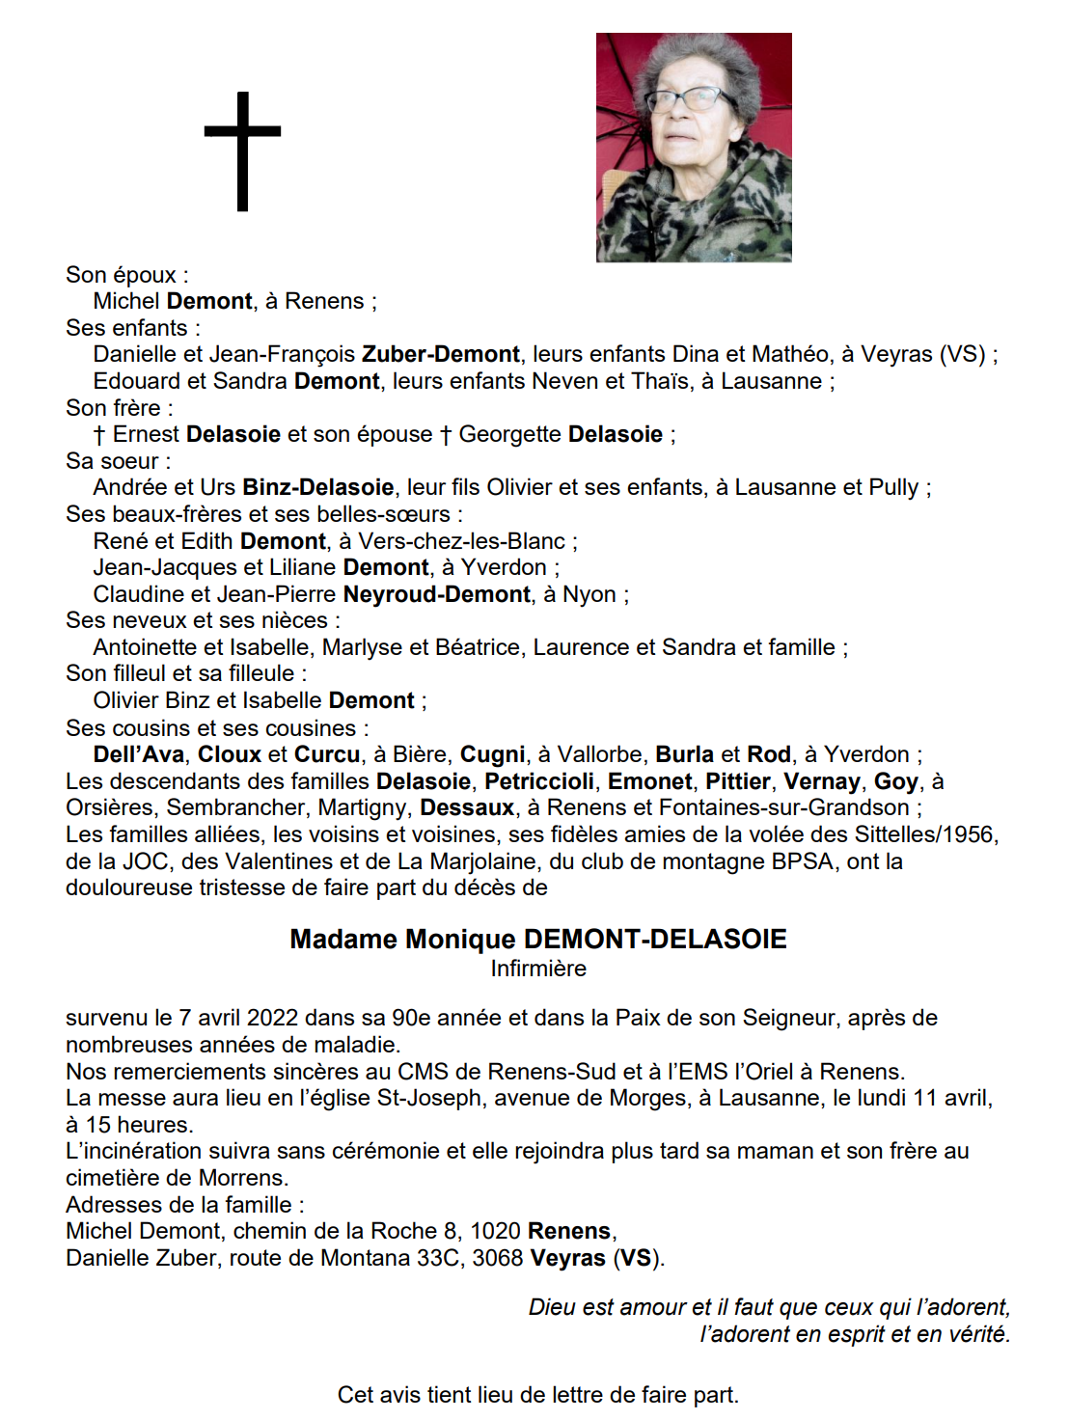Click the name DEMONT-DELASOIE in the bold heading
coord(655,940)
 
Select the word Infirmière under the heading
coord(538,969)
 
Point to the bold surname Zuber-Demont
coord(441,354)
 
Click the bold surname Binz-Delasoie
coord(318,487)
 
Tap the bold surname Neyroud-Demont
coord(437,594)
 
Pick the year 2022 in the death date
coord(272,1018)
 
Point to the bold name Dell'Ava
coord(138,754)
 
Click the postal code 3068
coord(498,1258)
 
